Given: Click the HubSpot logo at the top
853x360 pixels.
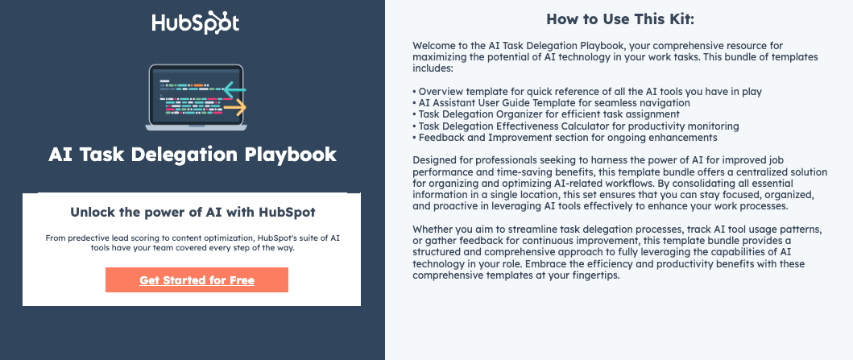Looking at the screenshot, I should tap(195, 23).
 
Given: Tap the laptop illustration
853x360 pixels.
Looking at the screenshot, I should tap(196, 97).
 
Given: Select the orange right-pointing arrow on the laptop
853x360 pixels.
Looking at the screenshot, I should tap(234, 106).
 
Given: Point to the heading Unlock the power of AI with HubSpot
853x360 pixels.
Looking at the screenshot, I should tap(192, 213).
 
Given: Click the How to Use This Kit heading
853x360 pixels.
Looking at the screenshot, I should tap(619, 19).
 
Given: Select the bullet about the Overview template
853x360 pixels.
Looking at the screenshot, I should tap(586, 92).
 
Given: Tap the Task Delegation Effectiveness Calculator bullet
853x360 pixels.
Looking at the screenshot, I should tap(575, 126).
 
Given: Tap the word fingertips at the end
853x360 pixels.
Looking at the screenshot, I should tap(592, 275).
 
